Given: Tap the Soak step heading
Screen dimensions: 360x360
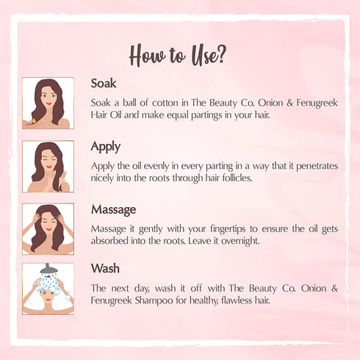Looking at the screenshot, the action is click(x=104, y=83).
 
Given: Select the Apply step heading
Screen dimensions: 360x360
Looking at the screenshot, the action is click(x=106, y=147).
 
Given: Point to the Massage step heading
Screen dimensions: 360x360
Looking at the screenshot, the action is click(x=113, y=210).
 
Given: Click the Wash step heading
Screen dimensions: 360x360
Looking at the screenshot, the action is click(x=105, y=268).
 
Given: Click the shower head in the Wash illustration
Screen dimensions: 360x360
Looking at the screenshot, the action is click(x=48, y=270).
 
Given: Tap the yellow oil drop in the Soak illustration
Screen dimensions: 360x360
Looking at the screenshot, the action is click(x=34, y=120).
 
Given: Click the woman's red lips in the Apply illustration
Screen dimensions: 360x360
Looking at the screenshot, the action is click(x=48, y=167).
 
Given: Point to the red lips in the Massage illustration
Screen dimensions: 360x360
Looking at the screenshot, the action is click(x=48, y=229).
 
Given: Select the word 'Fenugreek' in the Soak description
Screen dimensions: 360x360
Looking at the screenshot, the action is click(x=317, y=103).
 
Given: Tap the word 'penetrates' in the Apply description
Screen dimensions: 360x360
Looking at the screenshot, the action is click(x=317, y=167).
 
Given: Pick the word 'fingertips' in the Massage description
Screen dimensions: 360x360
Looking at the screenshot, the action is click(x=228, y=229).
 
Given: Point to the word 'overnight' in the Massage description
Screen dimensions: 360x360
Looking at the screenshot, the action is click(x=240, y=241).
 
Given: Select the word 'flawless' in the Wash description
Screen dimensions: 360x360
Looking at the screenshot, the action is click(x=237, y=300).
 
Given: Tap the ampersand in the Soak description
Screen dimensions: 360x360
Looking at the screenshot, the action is click(x=289, y=103).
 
